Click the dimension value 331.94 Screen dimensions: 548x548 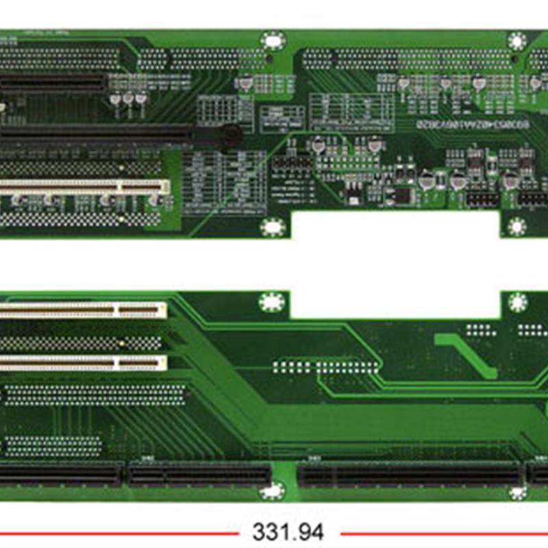(x=288, y=532)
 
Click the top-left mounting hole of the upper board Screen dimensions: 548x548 (x=273, y=40)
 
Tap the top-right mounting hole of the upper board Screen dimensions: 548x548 (x=517, y=41)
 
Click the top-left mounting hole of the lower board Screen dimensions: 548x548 (x=271, y=302)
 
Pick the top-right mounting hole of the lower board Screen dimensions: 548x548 (x=517, y=302)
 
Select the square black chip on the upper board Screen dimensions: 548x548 (x=403, y=195)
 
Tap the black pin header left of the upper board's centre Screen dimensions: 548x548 (x=292, y=164)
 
